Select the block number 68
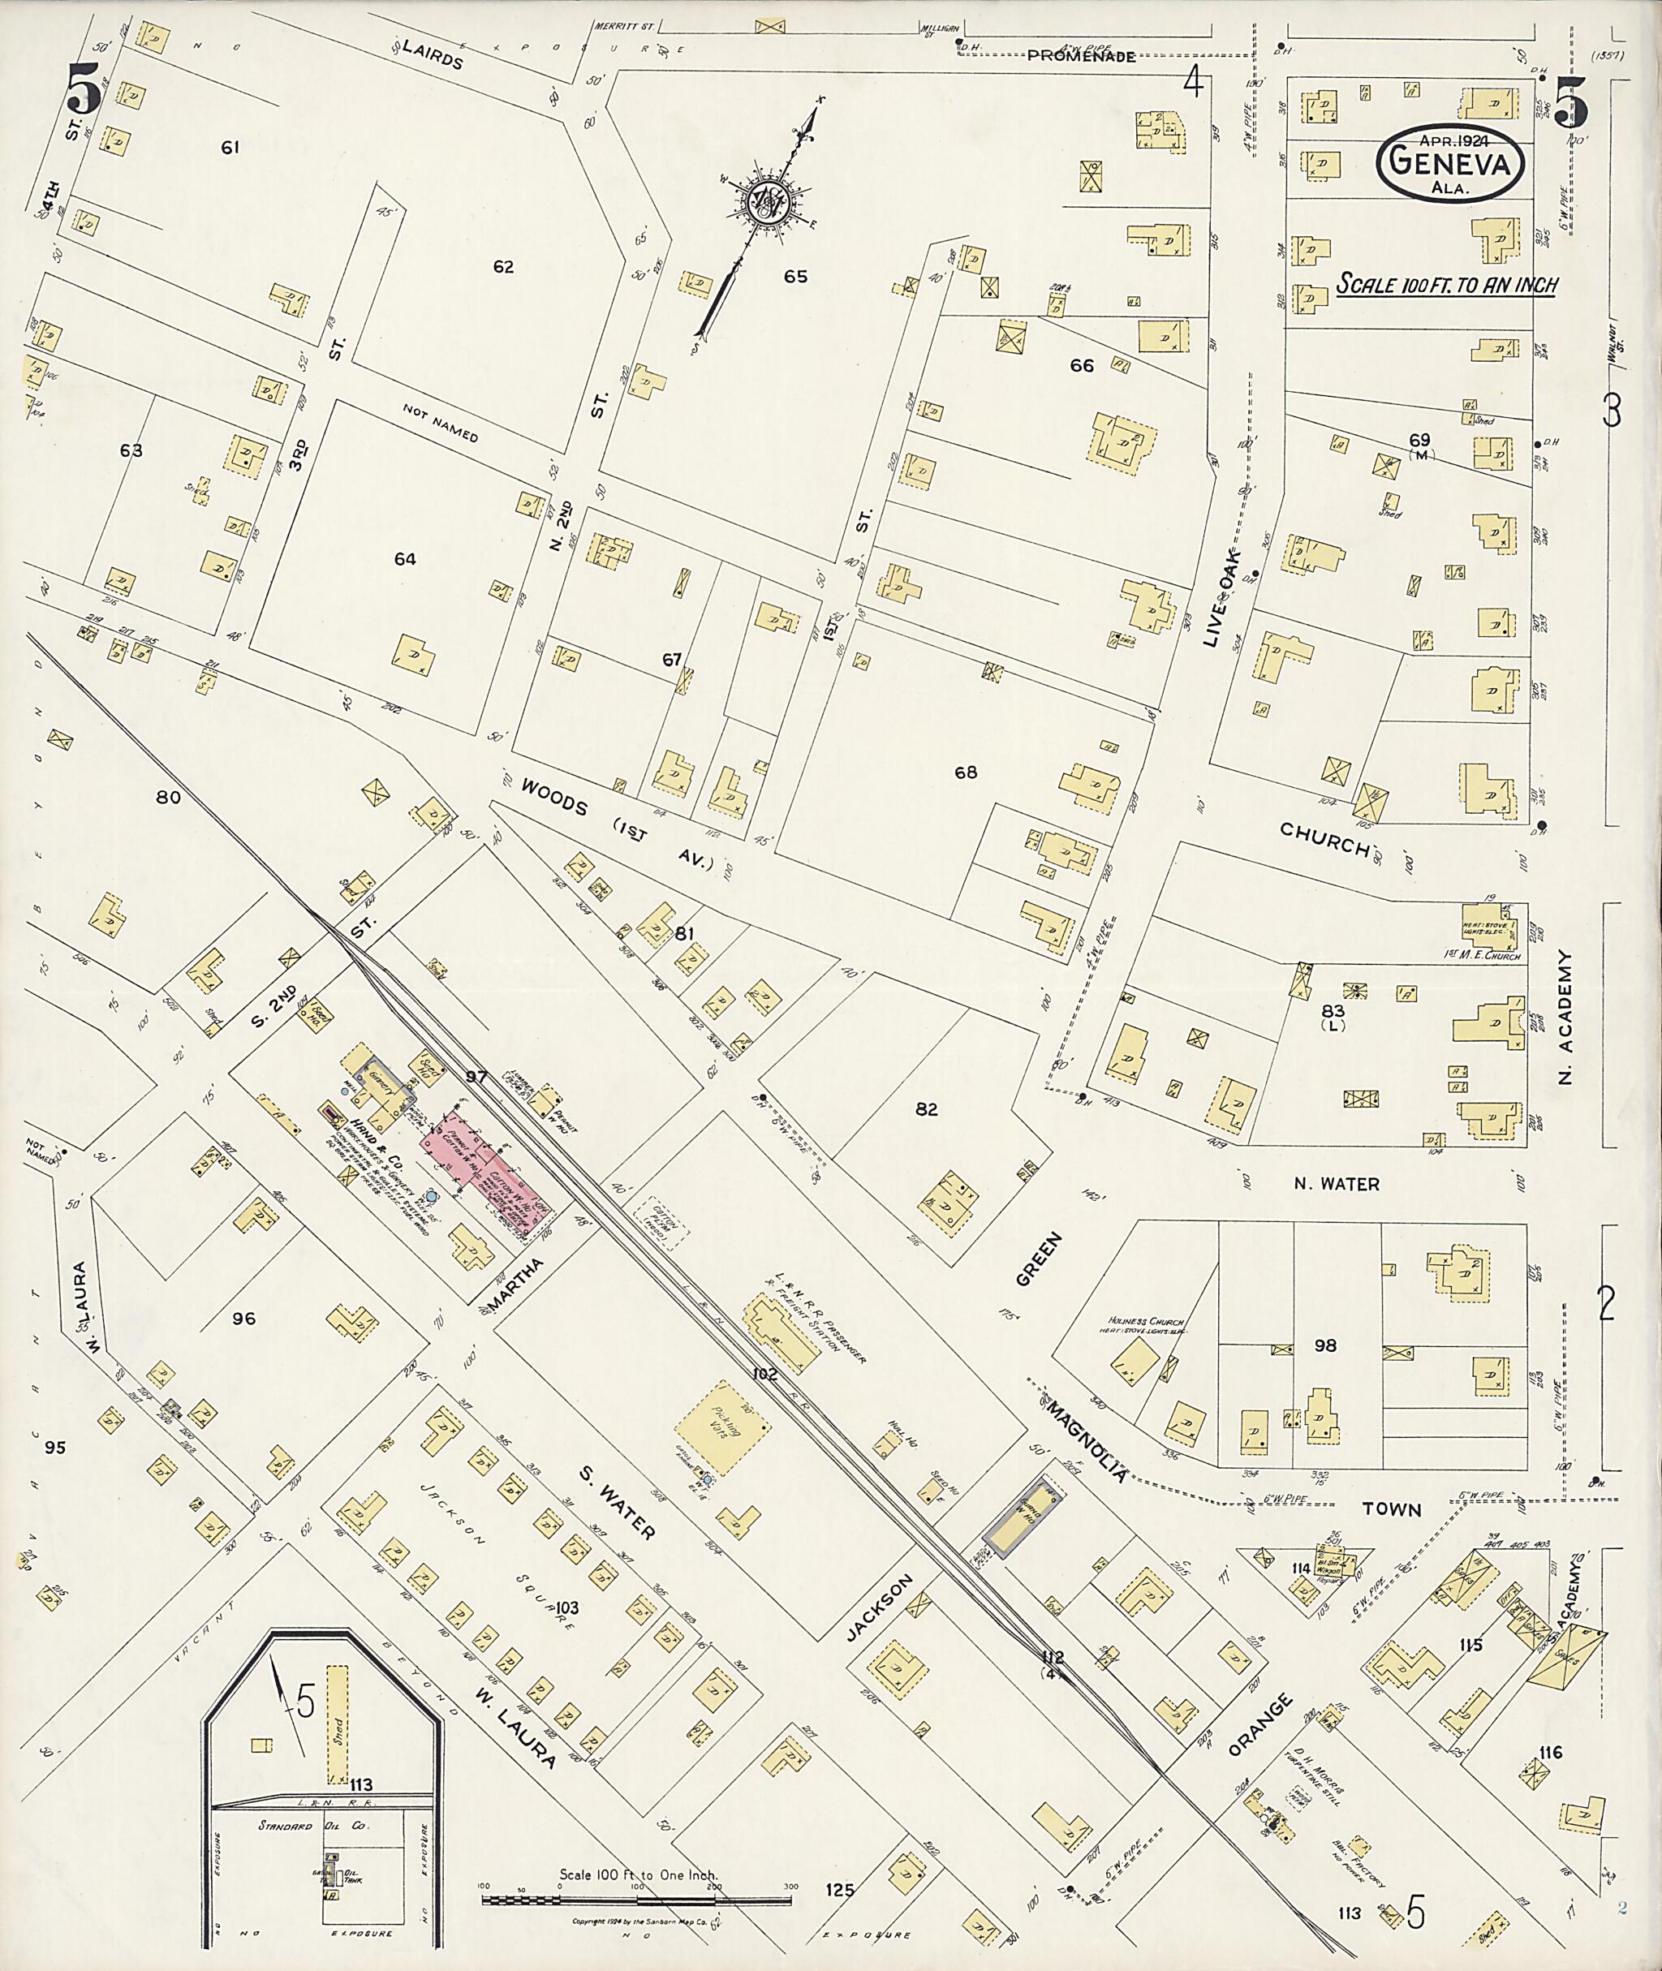click(965, 772)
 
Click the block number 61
click(230, 147)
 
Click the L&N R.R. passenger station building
click(783, 1334)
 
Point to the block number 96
click(243, 1318)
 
